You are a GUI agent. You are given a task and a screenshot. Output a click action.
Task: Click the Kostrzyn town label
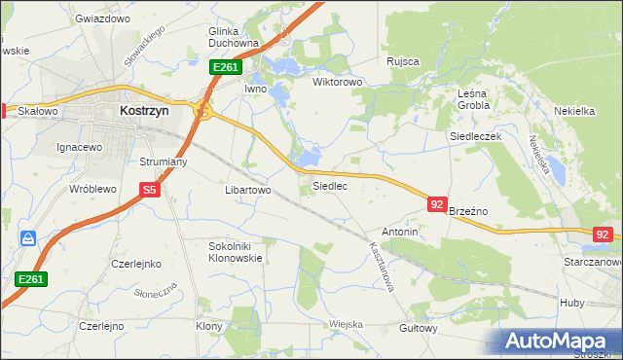coord(144,111)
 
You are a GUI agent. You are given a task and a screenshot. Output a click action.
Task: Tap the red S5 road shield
coord(149,191)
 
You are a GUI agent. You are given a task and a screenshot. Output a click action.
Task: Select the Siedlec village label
coord(329,185)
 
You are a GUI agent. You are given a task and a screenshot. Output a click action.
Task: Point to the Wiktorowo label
coord(337,83)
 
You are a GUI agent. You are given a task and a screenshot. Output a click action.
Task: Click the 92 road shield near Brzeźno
coord(437,204)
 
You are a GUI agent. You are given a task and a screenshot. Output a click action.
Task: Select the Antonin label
coord(400,233)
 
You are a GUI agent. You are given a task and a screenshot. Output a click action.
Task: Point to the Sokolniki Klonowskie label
coord(237,253)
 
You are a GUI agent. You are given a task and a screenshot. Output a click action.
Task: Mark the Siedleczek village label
coord(474,137)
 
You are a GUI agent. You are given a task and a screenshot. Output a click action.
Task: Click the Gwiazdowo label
coord(102,18)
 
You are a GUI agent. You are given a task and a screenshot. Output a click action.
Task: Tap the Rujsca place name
coord(402,61)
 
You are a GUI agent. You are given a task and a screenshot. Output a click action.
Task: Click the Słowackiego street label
coord(143,46)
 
